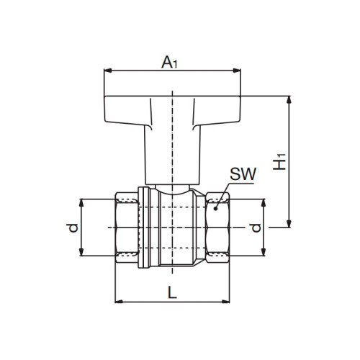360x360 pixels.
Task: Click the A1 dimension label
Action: pos(170,63)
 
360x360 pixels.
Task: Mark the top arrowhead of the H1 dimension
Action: pos(289,96)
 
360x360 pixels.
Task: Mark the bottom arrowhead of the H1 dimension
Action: pos(289,224)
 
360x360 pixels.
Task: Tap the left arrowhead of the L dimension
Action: pos(118,301)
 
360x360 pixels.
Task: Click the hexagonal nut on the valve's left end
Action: pos(128,228)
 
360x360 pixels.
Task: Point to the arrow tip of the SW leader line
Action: pos(215,210)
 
